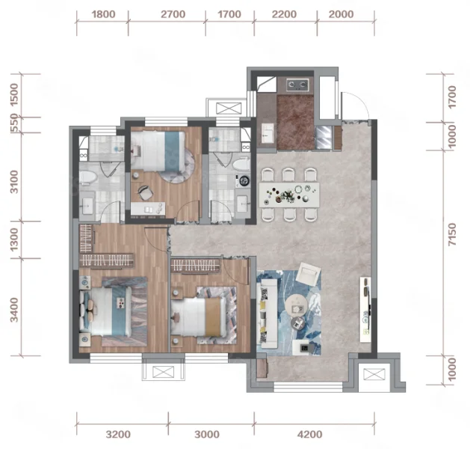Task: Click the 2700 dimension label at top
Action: coord(173,14)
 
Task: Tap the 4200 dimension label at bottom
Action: coord(310,434)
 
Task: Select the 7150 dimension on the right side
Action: coord(452,234)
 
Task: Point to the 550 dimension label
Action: coord(14,123)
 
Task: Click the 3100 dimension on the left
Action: coord(14,182)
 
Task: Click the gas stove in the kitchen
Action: coord(297,85)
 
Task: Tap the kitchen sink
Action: coord(268,133)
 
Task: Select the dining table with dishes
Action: coord(289,195)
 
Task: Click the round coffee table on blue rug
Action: coord(296,305)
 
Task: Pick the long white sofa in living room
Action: coord(267,314)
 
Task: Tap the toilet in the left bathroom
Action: coord(88,178)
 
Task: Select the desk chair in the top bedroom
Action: coord(146,192)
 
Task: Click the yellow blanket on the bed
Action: coord(213,317)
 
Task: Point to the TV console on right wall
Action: coord(365,310)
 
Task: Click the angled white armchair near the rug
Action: coord(307,274)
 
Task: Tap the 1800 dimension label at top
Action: coord(103,14)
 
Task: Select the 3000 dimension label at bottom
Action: coord(207,434)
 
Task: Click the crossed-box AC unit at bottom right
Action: coord(374,374)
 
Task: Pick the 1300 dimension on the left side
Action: coord(14,240)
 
